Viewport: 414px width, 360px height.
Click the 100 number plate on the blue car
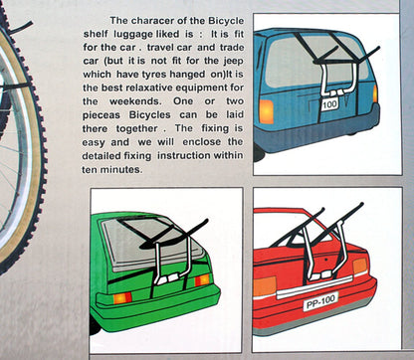coord(329,104)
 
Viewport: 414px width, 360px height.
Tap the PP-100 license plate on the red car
coord(320,301)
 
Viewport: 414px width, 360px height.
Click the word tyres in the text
coord(154,75)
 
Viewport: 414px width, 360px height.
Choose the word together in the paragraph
coord(137,129)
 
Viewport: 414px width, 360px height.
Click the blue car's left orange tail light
coord(267,111)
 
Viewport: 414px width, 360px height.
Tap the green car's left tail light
coord(122,297)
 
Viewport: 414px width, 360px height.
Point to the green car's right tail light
coord(202,280)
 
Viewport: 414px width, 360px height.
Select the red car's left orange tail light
coord(265,285)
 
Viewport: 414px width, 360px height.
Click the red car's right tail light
coord(360,267)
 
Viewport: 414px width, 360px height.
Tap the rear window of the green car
coord(152,244)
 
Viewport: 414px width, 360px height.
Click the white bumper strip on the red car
coord(313,287)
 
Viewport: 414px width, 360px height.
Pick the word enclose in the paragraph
coord(202,142)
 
